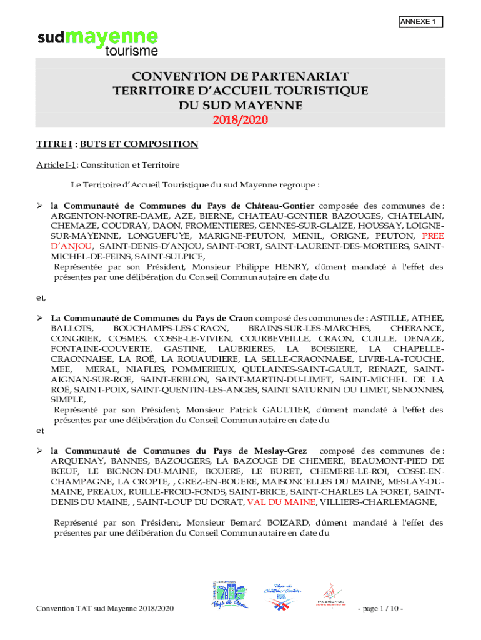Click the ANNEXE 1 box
coord(420,22)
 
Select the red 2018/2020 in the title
coord(241,119)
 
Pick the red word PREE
coord(433,236)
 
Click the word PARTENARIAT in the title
coord(289,76)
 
